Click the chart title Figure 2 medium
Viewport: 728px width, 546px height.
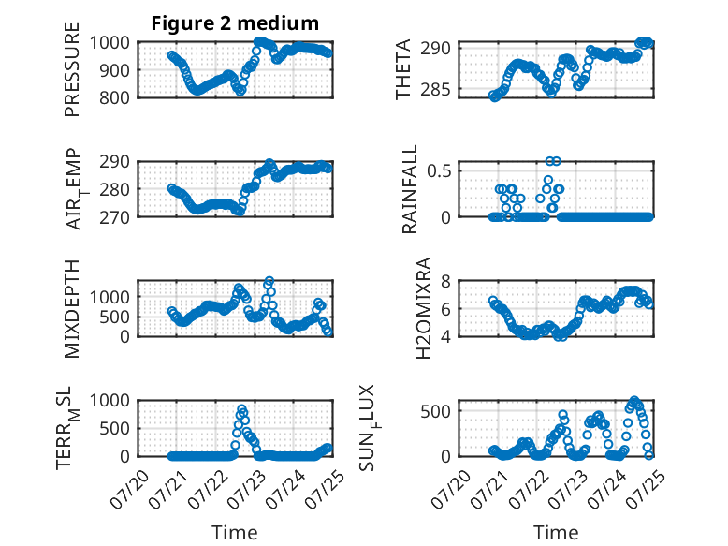coord(235,23)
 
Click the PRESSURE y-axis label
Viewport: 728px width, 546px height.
coord(72,69)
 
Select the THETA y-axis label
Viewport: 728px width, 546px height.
coord(403,69)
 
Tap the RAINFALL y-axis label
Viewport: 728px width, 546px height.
coord(410,189)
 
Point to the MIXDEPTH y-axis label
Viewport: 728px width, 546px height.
coord(72,309)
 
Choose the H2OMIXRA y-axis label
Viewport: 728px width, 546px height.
coord(424,308)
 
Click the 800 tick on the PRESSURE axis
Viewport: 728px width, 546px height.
coord(114,97)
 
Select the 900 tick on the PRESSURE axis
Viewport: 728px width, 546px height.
coord(114,70)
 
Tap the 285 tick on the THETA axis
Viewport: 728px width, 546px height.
coord(435,89)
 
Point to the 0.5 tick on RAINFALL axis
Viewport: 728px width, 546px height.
coord(439,170)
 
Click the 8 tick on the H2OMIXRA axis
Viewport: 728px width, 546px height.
coord(445,281)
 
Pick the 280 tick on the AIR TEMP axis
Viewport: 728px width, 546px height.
coord(114,189)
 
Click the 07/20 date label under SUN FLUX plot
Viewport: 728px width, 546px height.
coord(451,489)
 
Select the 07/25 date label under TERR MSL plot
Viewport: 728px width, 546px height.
coord(325,489)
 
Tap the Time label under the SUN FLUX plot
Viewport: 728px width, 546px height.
coord(556,533)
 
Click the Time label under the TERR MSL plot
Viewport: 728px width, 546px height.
coord(235,533)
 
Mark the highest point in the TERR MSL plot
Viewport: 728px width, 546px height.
coord(241,409)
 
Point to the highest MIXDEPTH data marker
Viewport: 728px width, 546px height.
coord(269,281)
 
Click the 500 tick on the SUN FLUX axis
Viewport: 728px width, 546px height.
coord(435,411)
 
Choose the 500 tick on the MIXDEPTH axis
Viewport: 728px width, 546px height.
coord(114,317)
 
